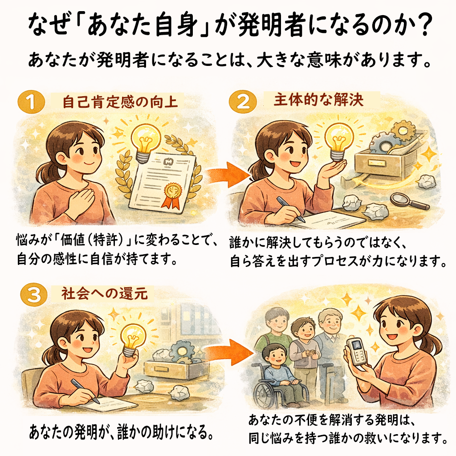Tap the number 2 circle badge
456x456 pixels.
click(x=242, y=102)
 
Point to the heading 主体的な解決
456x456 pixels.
click(x=319, y=99)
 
